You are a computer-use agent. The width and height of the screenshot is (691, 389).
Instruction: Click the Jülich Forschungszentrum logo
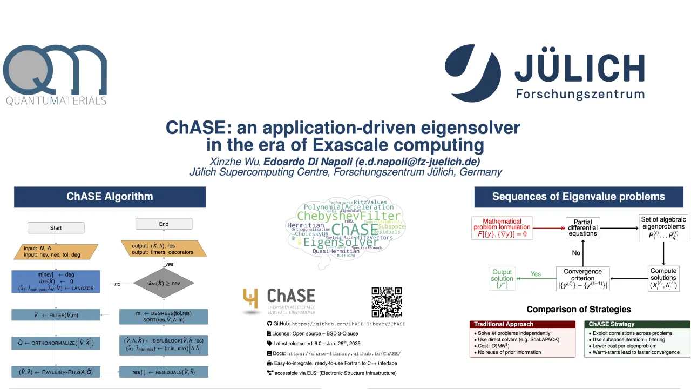[544, 73]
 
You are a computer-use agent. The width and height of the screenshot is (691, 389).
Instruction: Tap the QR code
[387, 302]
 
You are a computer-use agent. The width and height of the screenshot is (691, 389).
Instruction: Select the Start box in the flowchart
[56, 228]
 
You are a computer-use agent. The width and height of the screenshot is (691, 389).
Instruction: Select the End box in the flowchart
[164, 224]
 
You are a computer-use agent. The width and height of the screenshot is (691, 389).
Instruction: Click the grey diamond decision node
[164, 283]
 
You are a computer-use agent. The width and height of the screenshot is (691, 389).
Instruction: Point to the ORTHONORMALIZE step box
[56, 343]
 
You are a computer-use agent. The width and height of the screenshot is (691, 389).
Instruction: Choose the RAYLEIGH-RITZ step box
[56, 372]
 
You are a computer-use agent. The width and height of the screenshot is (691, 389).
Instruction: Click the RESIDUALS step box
[164, 372]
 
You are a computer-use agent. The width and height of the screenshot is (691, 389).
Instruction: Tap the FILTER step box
[56, 315]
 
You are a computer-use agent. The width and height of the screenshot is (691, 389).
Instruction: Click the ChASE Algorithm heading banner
[110, 197]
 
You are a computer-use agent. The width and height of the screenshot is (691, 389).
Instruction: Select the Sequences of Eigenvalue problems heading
[578, 197]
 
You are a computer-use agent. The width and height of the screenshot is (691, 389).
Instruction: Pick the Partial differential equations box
[582, 228]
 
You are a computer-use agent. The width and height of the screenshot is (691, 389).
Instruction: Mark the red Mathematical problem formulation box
[502, 228]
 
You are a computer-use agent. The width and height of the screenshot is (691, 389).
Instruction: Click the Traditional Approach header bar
[522, 324]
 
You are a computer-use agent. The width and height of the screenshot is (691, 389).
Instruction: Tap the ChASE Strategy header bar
[637, 324]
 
